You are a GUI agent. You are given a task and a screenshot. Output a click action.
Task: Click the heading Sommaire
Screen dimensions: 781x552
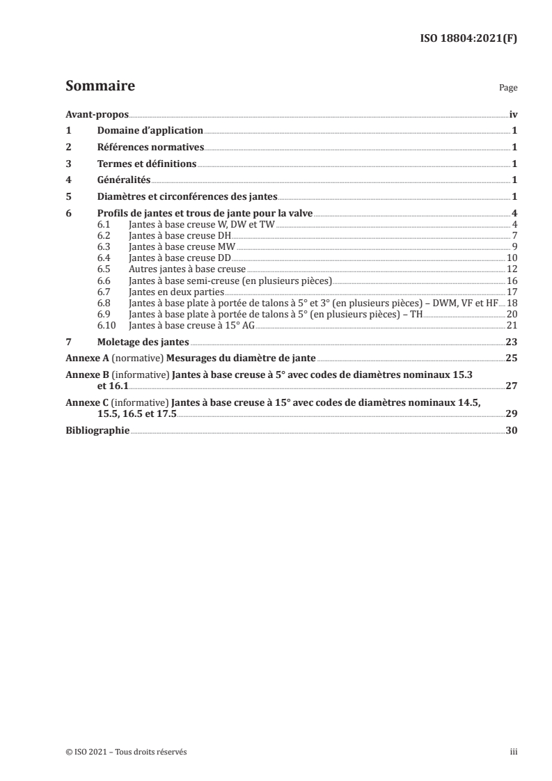click(100, 87)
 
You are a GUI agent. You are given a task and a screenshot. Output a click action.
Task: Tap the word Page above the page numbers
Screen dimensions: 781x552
click(508, 89)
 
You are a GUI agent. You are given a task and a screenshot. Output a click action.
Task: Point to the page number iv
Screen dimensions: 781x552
click(512, 115)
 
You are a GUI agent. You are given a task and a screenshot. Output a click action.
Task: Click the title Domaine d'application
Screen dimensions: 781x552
click(150, 131)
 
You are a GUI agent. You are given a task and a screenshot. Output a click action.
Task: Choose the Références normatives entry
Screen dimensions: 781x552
click(150, 148)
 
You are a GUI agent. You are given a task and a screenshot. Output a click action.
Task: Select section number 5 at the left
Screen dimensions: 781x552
click(68, 197)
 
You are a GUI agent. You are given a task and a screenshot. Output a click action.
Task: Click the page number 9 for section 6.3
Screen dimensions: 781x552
click(514, 246)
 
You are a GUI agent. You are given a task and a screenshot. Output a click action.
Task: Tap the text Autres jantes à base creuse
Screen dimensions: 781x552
click(187, 269)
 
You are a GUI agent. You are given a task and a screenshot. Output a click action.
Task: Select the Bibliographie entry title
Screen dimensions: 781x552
click(97, 431)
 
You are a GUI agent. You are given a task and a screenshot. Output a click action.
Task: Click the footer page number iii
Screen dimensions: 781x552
click(513, 752)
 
